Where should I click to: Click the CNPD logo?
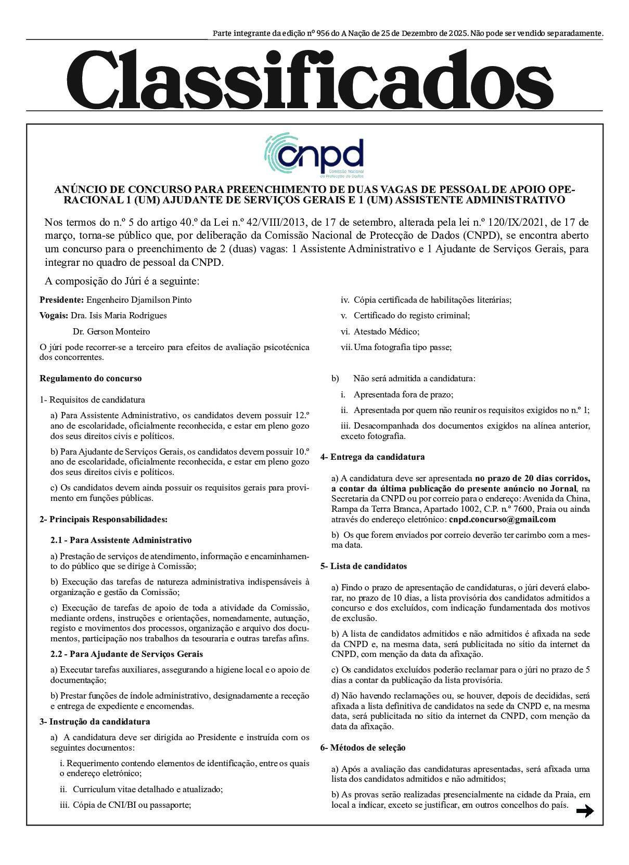314,155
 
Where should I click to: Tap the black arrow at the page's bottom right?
585,811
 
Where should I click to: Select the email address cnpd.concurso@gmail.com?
502,519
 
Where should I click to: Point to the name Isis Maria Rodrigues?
127,316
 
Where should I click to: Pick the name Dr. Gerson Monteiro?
111,331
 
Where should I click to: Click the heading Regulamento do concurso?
91,379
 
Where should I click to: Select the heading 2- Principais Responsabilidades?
104,519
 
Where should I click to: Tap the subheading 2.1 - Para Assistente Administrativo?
121,540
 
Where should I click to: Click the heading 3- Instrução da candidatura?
95,721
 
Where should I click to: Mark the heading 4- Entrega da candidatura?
373,457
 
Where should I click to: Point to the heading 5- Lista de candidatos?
364,566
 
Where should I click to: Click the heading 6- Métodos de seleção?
363,747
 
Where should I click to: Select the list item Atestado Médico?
386,331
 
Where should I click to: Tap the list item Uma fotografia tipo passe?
402,347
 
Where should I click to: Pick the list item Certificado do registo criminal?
411,316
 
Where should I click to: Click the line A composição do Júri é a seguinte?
122,281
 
